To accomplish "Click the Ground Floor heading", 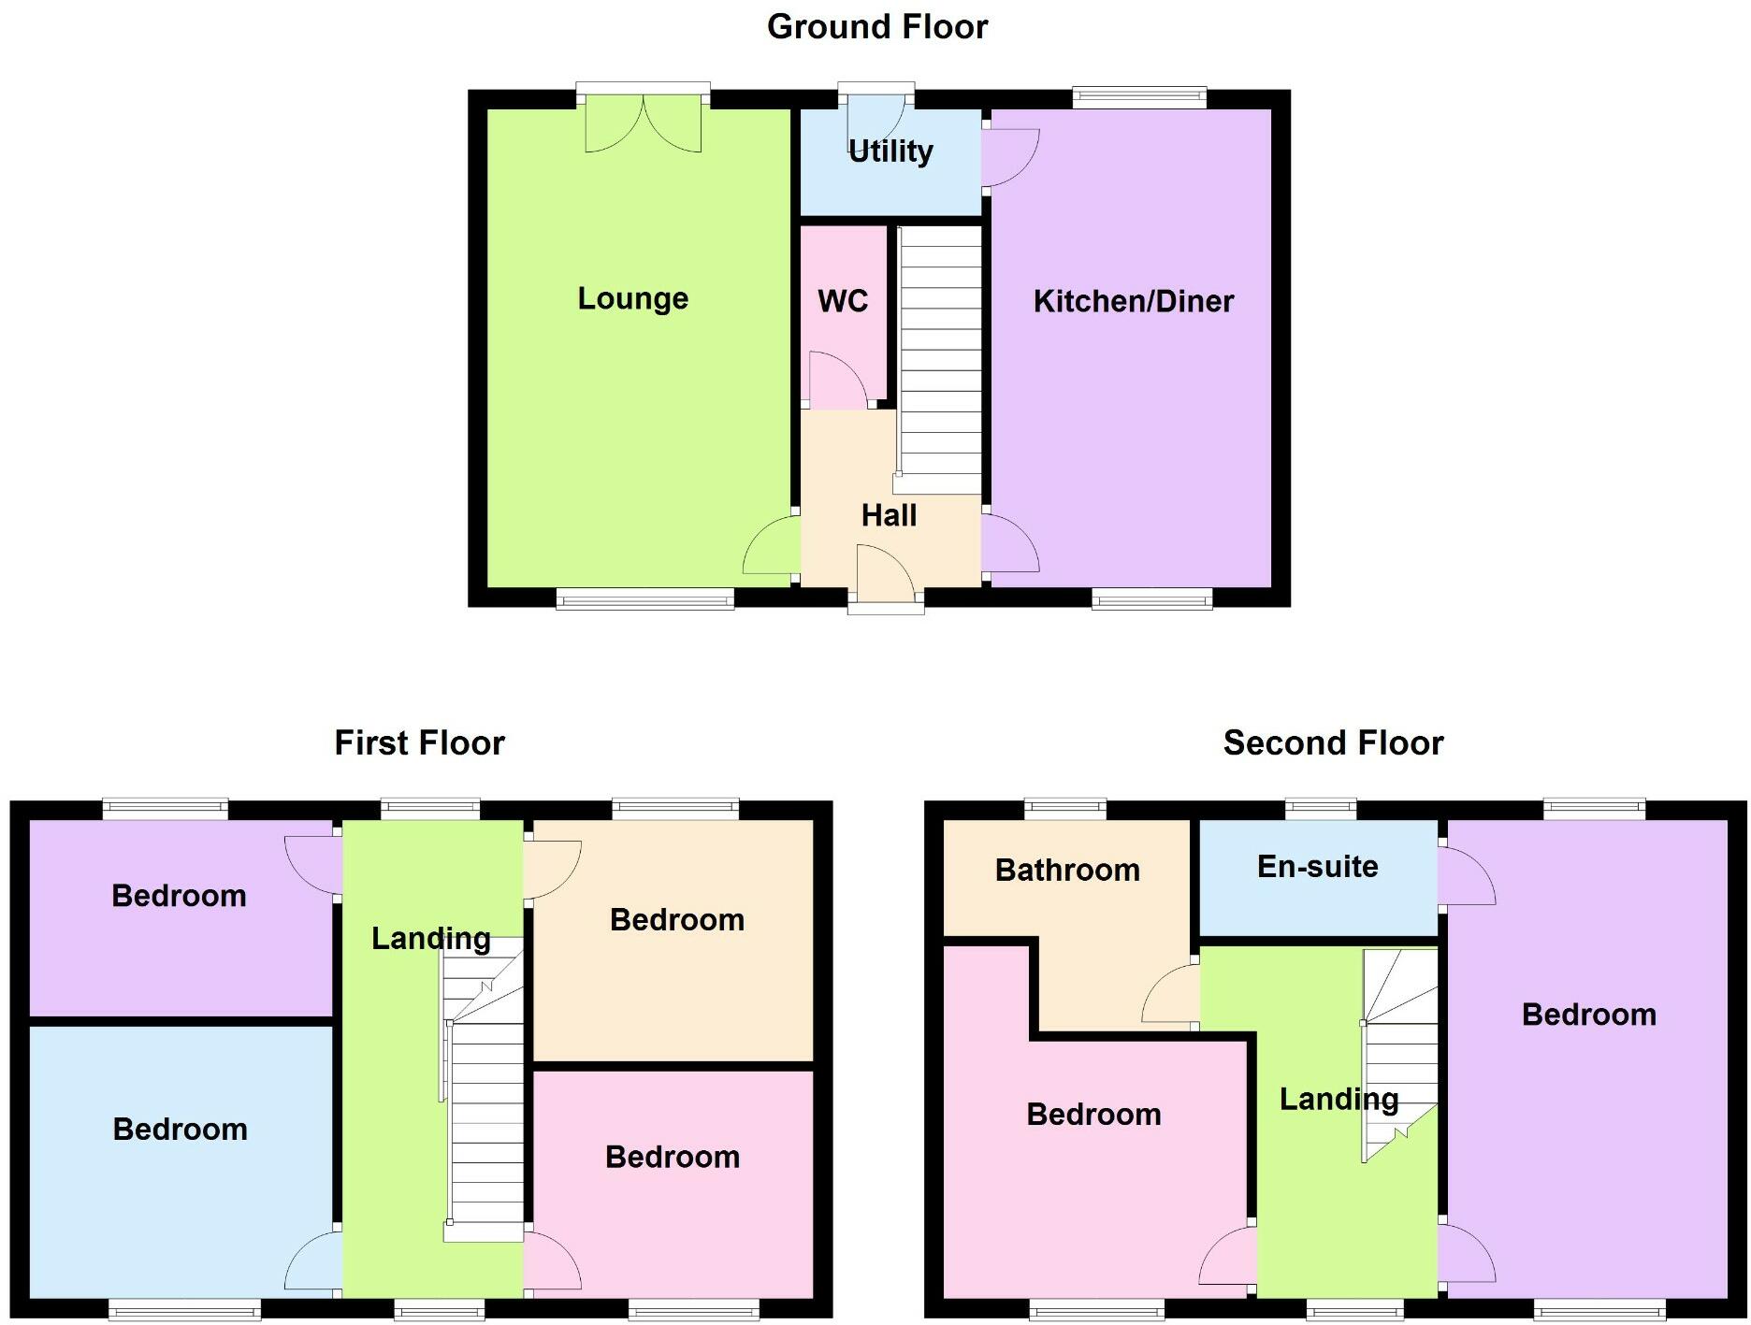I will pos(876,27).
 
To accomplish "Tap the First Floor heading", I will pos(419,743).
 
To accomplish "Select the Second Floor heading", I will pos(1333,743).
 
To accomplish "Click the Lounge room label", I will pos(632,298).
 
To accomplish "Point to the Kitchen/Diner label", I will pos(1133,301).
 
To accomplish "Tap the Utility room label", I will pos(890,151).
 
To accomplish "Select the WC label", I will pos(842,301).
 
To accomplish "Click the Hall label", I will pos(889,515).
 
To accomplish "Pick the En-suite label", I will pos(1317,867).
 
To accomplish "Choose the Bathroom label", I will pos(1067,871).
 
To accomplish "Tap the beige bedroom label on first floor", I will pos(676,920).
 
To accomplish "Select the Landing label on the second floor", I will pos(1339,1100).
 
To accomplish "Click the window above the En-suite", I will pos(1321,808).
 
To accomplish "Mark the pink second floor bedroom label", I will pos(1093,1115).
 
